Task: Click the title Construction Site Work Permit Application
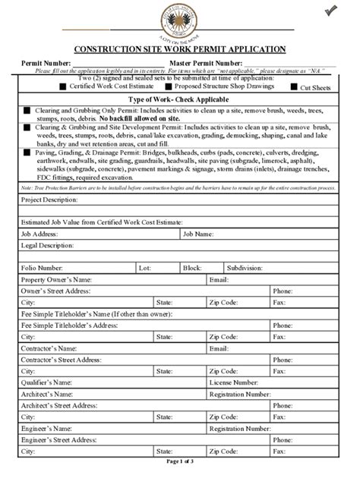point(179,49)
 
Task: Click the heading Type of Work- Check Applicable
point(179,100)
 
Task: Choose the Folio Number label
point(42,268)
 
